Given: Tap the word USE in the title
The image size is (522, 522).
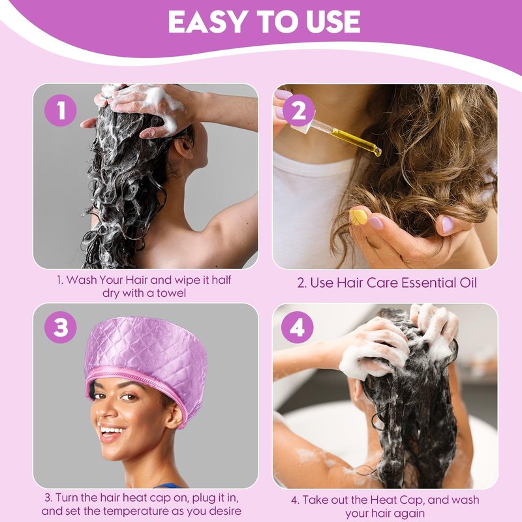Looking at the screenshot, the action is (x=332, y=22).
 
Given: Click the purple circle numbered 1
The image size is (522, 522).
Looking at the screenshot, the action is (x=61, y=110).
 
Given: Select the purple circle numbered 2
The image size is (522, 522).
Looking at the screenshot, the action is (x=298, y=110).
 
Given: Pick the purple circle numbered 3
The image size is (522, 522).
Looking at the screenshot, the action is (x=61, y=328).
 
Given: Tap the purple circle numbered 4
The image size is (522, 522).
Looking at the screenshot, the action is (x=298, y=328).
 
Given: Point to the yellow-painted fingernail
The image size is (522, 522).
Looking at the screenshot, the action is (x=358, y=217).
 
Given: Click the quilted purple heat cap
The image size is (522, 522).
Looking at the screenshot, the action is (x=146, y=363).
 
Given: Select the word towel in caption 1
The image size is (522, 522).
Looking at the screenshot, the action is (x=172, y=293).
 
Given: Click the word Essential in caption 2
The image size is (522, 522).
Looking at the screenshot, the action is (x=429, y=283).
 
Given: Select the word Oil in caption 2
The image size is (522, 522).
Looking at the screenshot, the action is (x=468, y=283).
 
